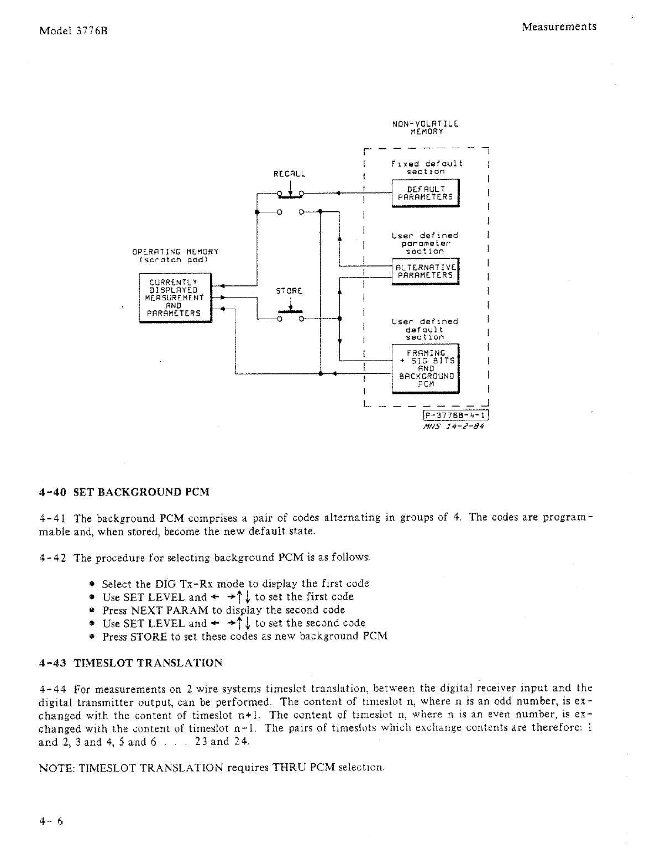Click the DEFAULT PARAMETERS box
point(425,192)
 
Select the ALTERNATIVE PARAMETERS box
point(425,271)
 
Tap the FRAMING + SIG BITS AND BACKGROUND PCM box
point(425,368)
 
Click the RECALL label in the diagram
point(290,173)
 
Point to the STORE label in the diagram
point(289,290)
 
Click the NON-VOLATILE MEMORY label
point(426,128)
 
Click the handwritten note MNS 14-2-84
point(453,426)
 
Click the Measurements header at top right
point(559,27)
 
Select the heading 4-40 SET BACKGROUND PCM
point(124,492)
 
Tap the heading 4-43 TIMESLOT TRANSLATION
point(131,663)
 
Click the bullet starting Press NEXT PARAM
point(223,610)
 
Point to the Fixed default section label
point(426,168)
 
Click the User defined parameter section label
point(424,243)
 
